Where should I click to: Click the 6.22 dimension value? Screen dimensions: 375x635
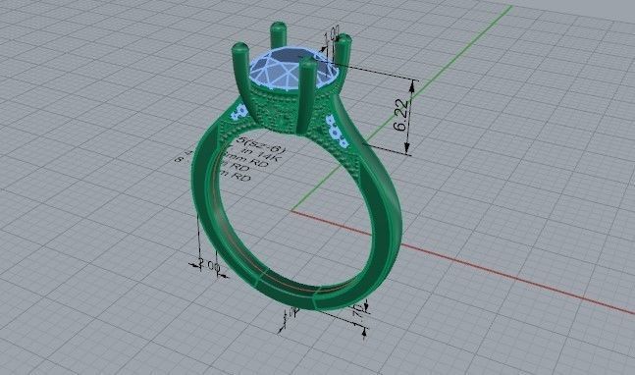pos(400,115)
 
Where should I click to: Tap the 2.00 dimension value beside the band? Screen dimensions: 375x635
pos(207,264)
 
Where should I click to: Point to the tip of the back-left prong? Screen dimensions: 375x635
pos(237,46)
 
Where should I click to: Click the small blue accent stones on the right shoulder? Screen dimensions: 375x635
pos(333,129)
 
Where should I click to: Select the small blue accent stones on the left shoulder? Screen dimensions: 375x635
pos(235,113)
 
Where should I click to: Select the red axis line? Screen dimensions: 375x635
pos(491,265)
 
